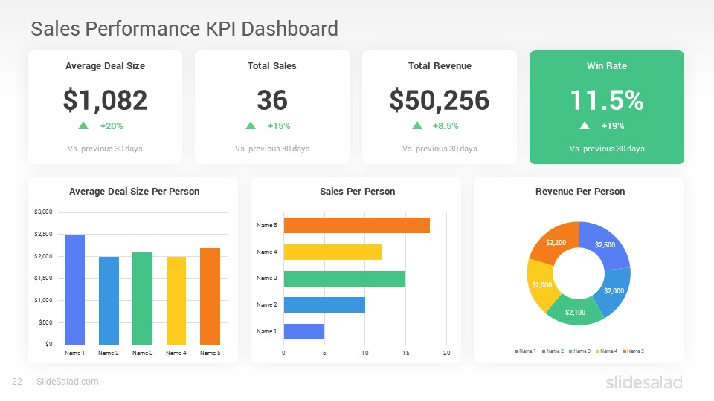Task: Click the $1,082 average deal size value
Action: pos(105,100)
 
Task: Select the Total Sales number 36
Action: pos(272,100)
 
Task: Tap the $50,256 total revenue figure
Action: pos(440,100)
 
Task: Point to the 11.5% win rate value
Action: pos(607,100)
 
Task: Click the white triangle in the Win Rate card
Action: pos(585,125)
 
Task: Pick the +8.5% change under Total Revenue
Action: pos(445,126)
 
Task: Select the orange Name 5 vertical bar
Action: pos(210,296)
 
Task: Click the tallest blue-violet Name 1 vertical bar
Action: pos(75,290)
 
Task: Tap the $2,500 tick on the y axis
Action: pos(44,235)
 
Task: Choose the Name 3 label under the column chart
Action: pos(143,353)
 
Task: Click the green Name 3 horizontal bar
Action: pos(344,278)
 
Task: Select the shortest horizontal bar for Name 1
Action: pos(303,331)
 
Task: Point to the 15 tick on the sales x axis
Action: pos(405,353)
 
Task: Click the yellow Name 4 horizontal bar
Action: pos(332,252)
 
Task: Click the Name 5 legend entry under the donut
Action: pos(634,351)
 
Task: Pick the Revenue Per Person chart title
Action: pos(580,192)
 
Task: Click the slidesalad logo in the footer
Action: pos(643,382)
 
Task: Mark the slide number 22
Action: pos(16,382)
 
